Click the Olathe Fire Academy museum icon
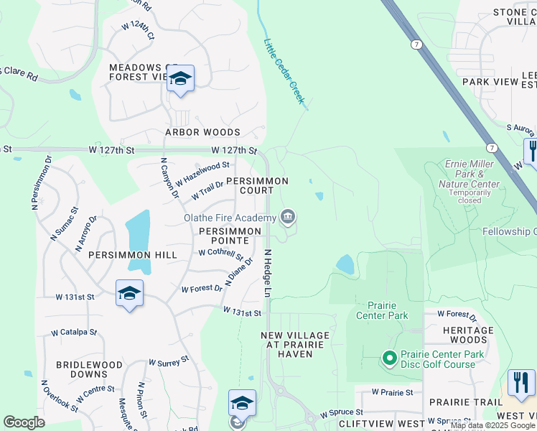click(288, 216)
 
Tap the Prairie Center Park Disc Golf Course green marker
click(389, 357)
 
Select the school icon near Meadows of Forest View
click(180, 79)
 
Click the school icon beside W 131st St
click(129, 293)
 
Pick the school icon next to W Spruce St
click(242, 404)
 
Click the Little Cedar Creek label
click(284, 70)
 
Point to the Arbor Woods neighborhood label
click(202, 132)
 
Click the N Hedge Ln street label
click(267, 273)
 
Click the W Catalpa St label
click(73, 333)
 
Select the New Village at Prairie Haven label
click(295, 340)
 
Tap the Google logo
click(24, 422)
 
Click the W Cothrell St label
click(221, 254)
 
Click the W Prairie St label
click(393, 392)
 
